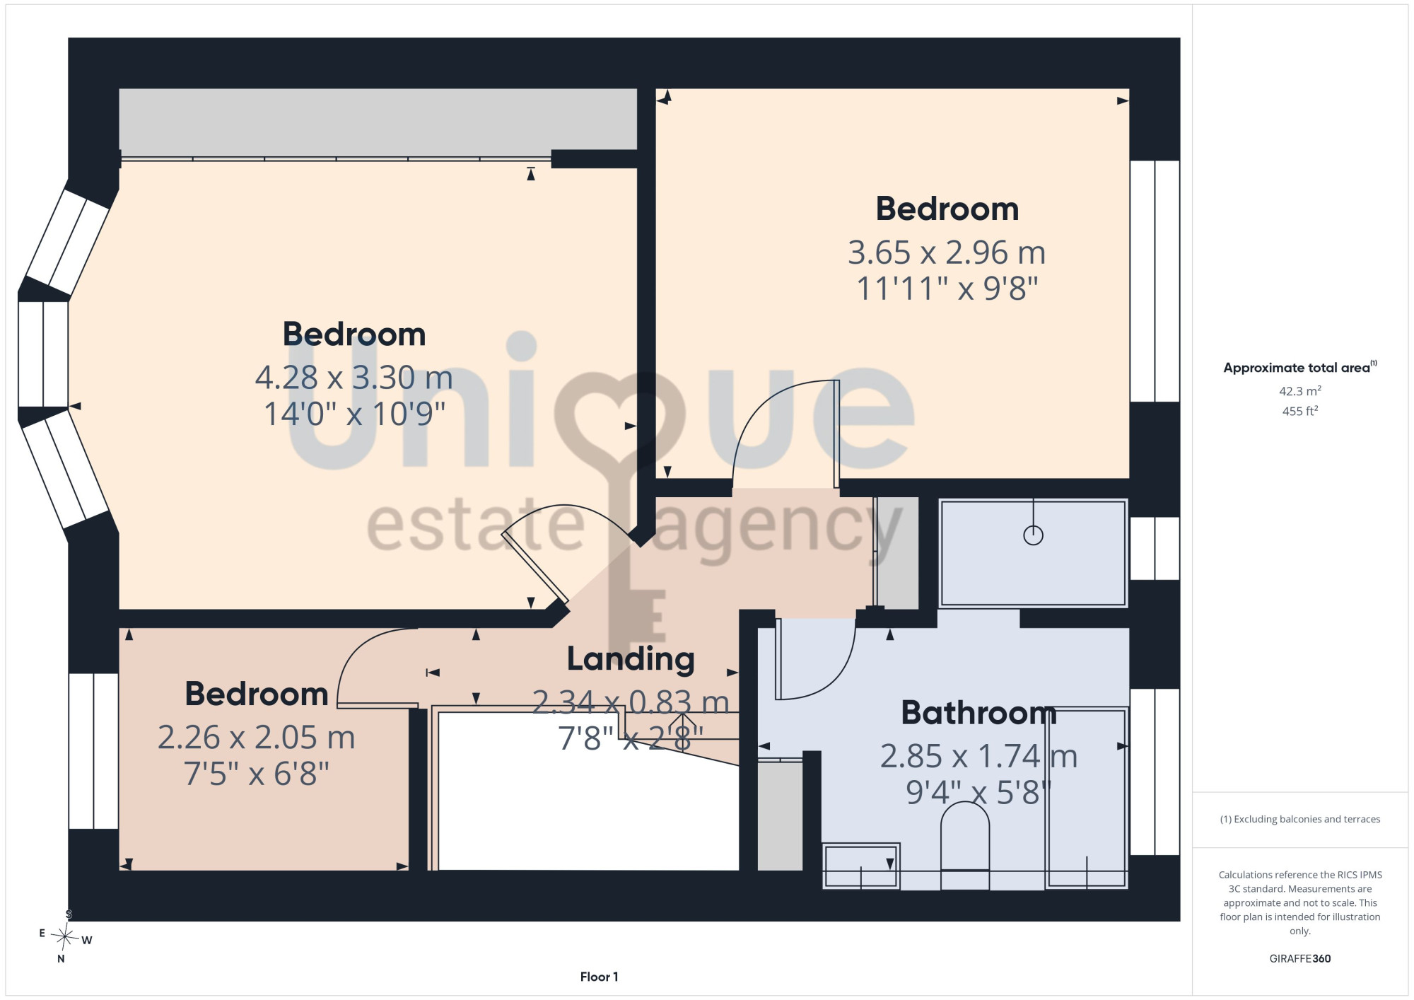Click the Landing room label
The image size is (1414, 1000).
tap(631, 659)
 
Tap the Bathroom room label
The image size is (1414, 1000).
tap(978, 713)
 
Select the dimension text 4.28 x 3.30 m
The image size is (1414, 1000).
tap(354, 378)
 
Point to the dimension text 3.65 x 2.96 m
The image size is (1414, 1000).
tap(947, 252)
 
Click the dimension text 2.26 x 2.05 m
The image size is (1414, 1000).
tap(256, 738)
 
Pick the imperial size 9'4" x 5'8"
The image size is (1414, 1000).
tap(978, 793)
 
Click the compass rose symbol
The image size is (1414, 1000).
tap(66, 938)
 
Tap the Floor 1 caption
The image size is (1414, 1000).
tap(599, 977)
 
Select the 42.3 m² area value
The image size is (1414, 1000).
tap(1300, 391)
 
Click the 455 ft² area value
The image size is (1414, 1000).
tap(1300, 411)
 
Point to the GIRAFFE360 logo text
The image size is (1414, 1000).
tap(1300, 959)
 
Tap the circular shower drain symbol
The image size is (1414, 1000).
tap(1034, 535)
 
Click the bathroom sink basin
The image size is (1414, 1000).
tap(861, 866)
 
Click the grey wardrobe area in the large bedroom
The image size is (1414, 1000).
tap(378, 119)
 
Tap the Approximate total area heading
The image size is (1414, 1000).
tap(1300, 367)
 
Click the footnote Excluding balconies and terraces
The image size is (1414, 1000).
tap(1300, 819)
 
